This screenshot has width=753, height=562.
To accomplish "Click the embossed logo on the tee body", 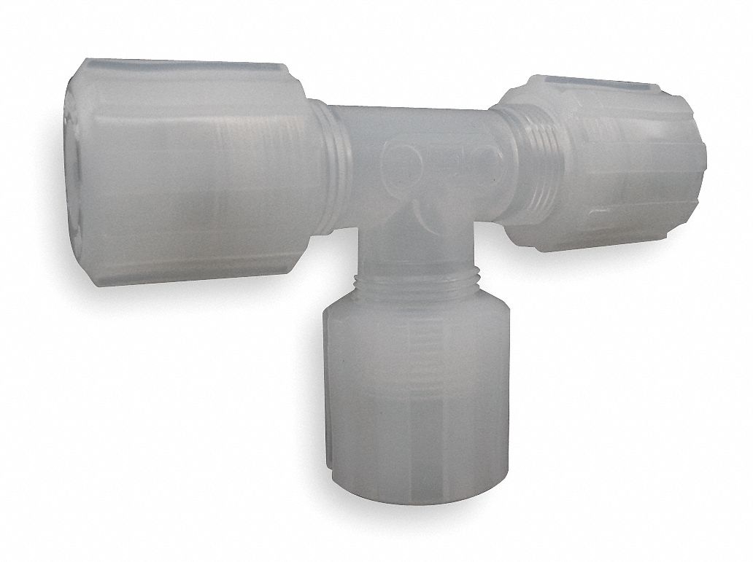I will (x=438, y=157).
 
